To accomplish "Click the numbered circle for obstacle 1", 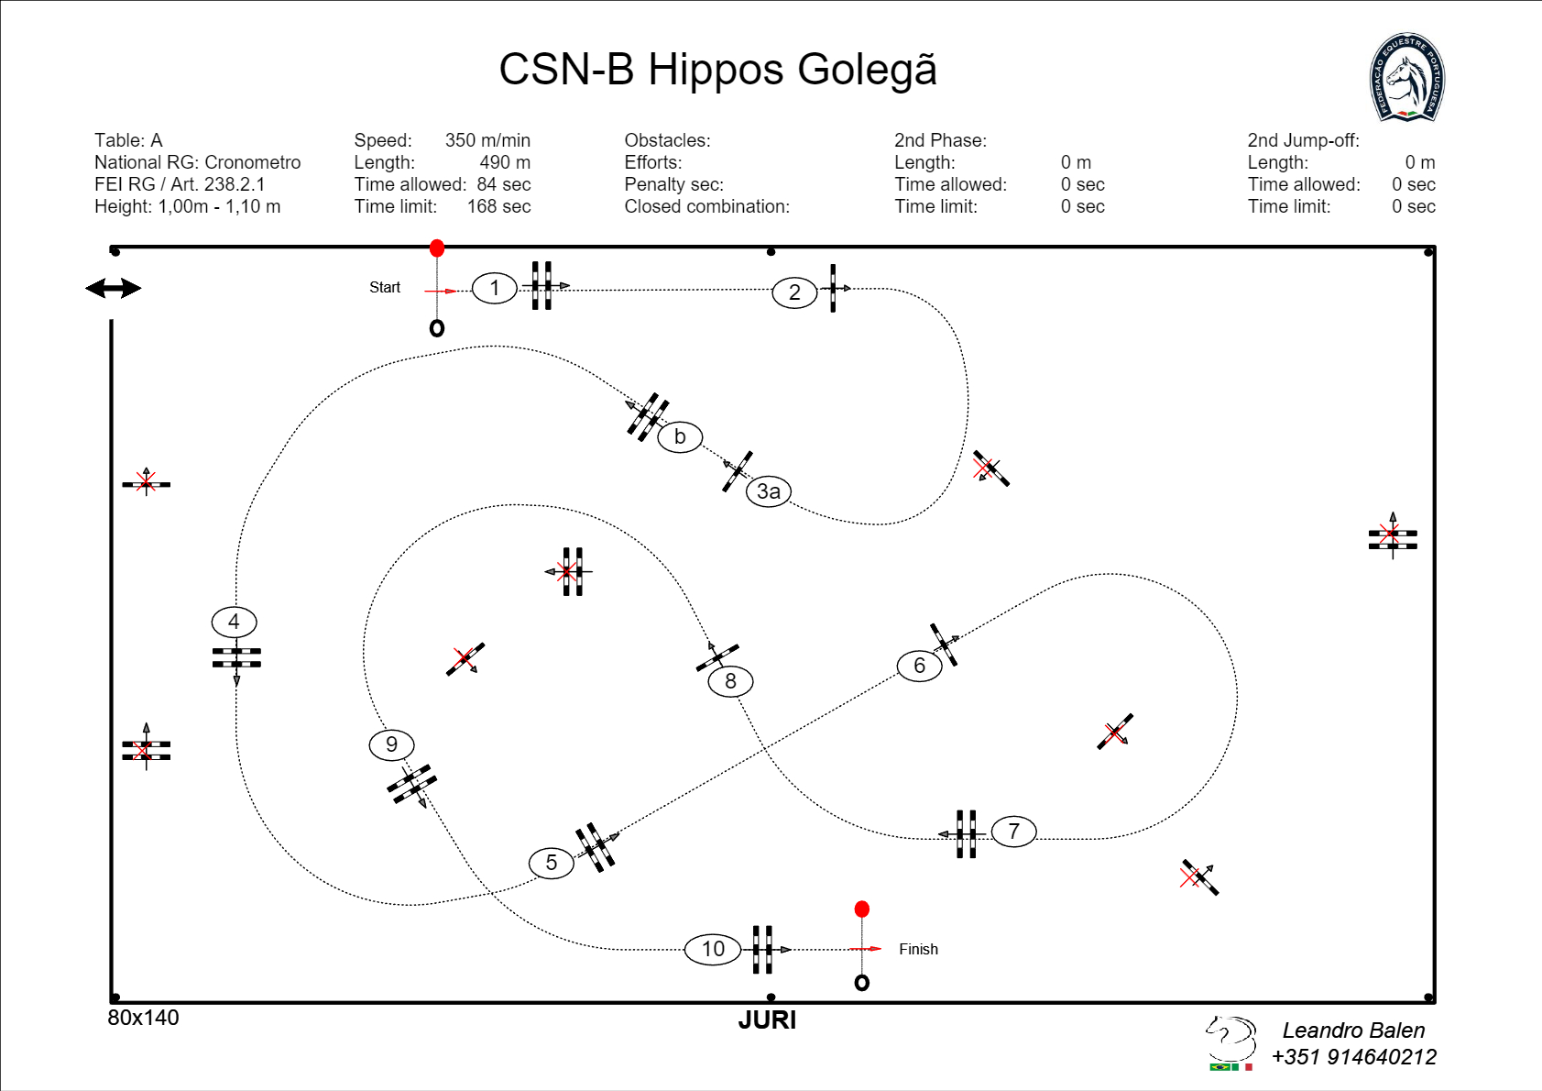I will tap(495, 289).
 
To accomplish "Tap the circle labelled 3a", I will tap(769, 491).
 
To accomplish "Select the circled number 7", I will tap(1013, 832).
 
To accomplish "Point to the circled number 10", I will tap(713, 949).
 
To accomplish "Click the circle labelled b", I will tap(680, 436).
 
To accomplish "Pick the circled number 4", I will tap(234, 622).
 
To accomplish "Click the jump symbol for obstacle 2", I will tap(833, 289).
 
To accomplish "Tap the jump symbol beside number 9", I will tap(411, 784).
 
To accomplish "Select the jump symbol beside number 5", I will tap(596, 847).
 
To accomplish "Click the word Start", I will tap(385, 288).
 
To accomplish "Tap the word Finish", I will tap(918, 950).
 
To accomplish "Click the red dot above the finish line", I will tap(861, 909).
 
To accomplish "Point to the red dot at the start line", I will tap(437, 248).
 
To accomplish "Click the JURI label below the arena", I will tap(767, 1020).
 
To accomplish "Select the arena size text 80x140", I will tap(144, 1018).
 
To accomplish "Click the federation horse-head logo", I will tap(1407, 79).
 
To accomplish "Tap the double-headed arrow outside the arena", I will tap(113, 289).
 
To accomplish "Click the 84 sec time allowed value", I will tap(503, 184).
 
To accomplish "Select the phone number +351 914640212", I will tap(1353, 1057).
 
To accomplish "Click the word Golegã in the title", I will tap(867, 70).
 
